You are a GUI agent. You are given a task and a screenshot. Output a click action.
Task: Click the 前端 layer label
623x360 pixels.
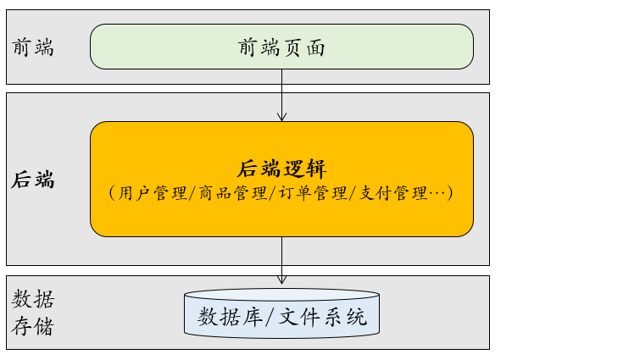(x=33, y=47)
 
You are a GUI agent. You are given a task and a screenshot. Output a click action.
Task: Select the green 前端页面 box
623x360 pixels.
(x=281, y=47)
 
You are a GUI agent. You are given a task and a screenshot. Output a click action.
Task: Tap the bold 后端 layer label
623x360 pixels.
(x=33, y=180)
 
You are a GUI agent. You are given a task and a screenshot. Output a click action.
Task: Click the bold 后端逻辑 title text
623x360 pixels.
(x=281, y=168)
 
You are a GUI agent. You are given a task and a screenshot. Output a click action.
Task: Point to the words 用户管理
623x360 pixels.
(x=153, y=192)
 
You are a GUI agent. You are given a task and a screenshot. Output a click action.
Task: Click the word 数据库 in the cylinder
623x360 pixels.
(x=228, y=318)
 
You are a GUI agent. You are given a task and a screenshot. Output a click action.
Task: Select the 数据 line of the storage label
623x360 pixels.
(x=33, y=298)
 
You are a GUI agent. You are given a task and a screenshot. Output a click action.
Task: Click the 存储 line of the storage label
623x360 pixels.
(x=33, y=326)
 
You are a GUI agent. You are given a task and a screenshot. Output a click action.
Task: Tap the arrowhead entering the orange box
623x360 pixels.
(x=281, y=117)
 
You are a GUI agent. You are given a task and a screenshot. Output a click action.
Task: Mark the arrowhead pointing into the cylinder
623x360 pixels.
(x=281, y=279)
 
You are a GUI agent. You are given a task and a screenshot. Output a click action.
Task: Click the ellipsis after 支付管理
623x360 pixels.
(x=439, y=192)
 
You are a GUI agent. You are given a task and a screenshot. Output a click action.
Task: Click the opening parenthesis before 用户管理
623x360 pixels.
(x=112, y=192)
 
